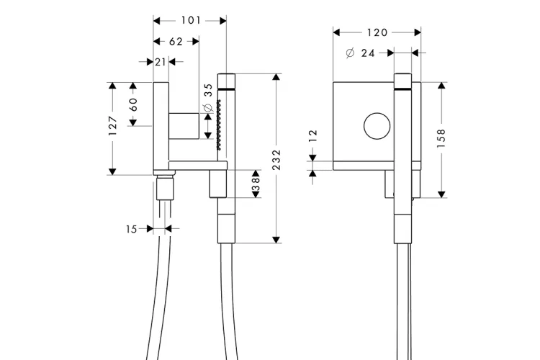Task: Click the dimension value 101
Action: [191, 21]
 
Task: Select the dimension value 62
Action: [176, 42]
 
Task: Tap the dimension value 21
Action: [161, 62]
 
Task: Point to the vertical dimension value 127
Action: [112, 126]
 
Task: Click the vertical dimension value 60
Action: [133, 104]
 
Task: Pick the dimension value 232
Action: [276, 160]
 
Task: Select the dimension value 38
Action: [256, 184]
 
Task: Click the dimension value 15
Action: [131, 229]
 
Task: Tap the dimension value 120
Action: [377, 32]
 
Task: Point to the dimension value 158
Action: [441, 138]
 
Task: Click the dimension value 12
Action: [312, 136]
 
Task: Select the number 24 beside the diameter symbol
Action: [368, 53]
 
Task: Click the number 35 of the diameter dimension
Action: [208, 90]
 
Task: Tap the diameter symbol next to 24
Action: [350, 53]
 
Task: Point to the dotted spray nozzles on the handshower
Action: [218, 125]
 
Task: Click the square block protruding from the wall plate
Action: [184, 126]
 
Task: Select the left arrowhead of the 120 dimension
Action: [336, 32]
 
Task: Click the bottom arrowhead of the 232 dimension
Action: [276, 240]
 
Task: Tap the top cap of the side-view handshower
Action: [226, 81]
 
